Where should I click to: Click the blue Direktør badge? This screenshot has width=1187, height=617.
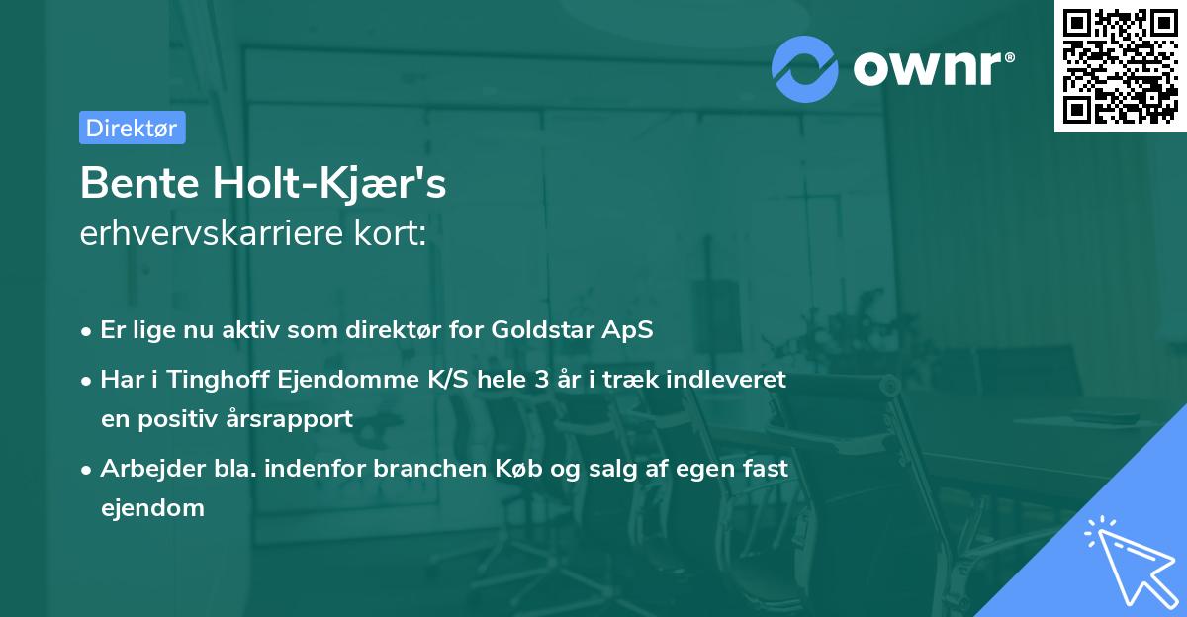[x=133, y=128]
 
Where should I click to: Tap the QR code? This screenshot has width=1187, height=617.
[x=1121, y=66]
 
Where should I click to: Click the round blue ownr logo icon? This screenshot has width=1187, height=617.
[x=804, y=69]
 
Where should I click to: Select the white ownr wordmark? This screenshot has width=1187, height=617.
[x=934, y=69]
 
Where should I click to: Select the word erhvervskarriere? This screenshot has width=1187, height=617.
[x=212, y=232]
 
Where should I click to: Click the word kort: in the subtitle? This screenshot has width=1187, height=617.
[x=390, y=232]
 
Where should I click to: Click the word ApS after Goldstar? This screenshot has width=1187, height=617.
[x=627, y=330]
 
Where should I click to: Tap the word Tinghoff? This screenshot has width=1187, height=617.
[x=218, y=380]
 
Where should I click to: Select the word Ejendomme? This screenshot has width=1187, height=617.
[x=348, y=380]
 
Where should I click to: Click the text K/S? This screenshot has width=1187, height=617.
[x=448, y=380]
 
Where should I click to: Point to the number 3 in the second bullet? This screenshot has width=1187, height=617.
[x=542, y=380]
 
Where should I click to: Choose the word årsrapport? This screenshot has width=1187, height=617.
[x=289, y=419]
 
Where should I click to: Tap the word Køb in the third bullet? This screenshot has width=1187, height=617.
[x=518, y=468]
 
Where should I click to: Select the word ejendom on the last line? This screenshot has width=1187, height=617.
[x=152, y=508]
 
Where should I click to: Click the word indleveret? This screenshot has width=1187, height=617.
[x=726, y=380]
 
